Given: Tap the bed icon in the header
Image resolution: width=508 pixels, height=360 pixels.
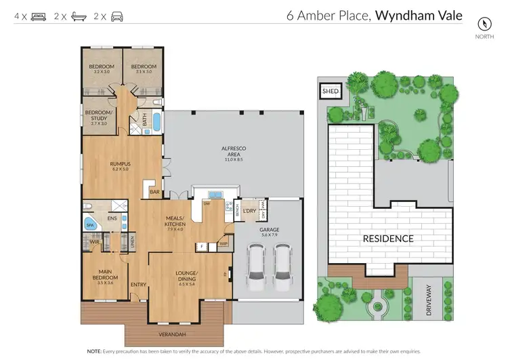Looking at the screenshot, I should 39,16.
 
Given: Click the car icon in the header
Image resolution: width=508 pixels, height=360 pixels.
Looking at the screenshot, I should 118,16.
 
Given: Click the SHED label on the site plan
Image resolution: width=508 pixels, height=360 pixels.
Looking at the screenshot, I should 330,90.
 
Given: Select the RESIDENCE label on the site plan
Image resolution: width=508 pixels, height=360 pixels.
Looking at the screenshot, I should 388,239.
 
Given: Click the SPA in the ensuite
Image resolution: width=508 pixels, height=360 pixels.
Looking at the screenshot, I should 89,224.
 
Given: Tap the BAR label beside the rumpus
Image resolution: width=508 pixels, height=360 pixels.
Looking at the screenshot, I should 154,192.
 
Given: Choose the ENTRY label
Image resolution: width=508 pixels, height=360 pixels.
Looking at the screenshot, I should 138,284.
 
